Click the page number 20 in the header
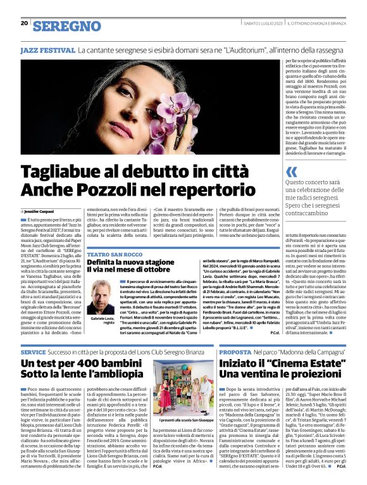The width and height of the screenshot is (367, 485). [24, 23]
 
